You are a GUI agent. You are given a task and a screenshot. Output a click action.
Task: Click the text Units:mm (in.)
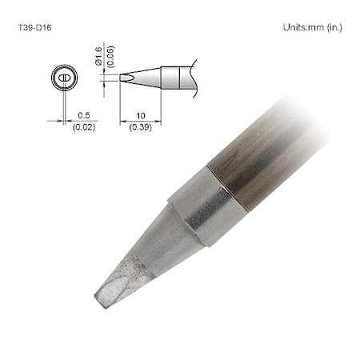click(x=313, y=26)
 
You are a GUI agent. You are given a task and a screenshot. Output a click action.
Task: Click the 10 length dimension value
click(x=141, y=115)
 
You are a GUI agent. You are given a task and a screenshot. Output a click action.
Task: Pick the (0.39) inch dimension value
click(x=141, y=127)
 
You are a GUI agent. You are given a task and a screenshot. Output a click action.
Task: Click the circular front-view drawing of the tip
click(x=62, y=78)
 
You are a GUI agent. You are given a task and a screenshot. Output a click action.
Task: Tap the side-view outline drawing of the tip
click(x=156, y=78)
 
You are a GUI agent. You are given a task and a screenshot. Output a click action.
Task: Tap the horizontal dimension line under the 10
click(x=141, y=122)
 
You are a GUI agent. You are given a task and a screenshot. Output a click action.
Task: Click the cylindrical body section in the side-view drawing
click(x=176, y=78)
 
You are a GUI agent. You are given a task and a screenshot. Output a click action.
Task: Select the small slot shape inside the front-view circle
click(x=62, y=78)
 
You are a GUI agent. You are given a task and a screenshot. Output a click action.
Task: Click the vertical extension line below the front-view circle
click(x=62, y=104)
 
